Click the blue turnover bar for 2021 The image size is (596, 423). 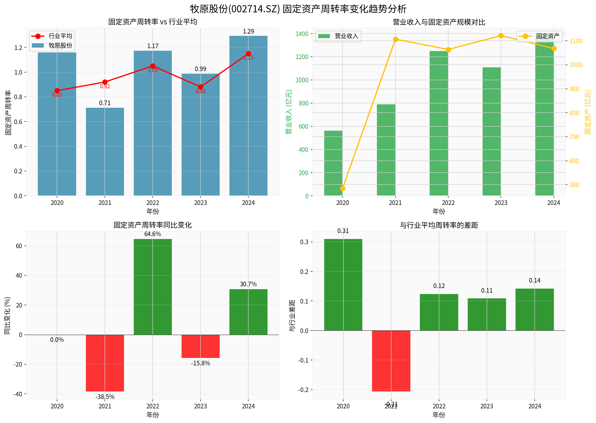[x=105, y=152]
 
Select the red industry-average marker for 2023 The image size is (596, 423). [x=200, y=87]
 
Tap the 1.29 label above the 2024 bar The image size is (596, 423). [x=248, y=32]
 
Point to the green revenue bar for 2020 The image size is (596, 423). [x=333, y=163]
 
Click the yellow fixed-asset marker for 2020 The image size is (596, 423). [x=343, y=188]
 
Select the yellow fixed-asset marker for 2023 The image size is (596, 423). [x=501, y=36]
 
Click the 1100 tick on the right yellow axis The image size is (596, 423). [x=576, y=41]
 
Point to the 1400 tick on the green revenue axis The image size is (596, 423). [x=302, y=34]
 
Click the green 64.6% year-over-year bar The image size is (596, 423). [x=153, y=287]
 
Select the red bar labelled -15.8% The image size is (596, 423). [x=200, y=346]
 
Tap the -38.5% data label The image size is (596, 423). [x=105, y=397]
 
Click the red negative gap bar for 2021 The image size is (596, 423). [x=391, y=361]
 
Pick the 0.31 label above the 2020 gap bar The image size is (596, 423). [x=343, y=231]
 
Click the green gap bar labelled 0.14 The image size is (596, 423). [x=534, y=310]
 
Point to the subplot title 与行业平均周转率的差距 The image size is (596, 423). [x=439, y=225]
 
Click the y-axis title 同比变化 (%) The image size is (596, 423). [x=7, y=315]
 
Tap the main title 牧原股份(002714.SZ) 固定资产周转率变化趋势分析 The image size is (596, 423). [x=298, y=9]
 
